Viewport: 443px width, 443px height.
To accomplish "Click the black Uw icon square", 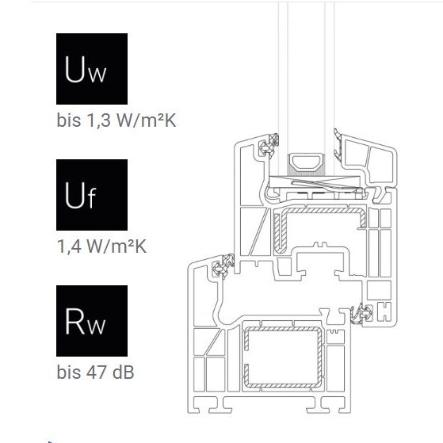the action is point(92,69).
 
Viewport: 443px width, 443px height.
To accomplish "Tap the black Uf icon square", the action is point(92,195).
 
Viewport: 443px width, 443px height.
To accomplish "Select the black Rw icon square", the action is point(92,321).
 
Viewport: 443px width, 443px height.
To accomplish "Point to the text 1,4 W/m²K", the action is point(101,246).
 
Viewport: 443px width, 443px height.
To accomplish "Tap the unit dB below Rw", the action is point(123,372).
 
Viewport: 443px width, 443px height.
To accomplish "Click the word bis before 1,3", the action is point(69,120).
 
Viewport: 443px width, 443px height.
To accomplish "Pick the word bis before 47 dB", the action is point(69,372).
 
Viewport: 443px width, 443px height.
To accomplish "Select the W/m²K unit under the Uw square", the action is point(146,120).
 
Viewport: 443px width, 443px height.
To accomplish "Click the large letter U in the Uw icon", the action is point(74,69).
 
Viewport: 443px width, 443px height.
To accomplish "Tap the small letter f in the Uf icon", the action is point(92,197).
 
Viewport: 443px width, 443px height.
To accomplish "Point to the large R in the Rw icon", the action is point(74,321).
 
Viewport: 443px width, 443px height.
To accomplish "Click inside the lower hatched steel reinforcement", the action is point(283,357).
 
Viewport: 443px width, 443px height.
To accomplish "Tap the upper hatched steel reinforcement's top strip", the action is point(325,211).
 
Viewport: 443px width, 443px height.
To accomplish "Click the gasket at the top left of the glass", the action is point(269,147).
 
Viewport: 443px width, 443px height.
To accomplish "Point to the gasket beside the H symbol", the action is point(362,313).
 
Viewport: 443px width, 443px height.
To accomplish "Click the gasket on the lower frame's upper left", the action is point(223,265).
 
